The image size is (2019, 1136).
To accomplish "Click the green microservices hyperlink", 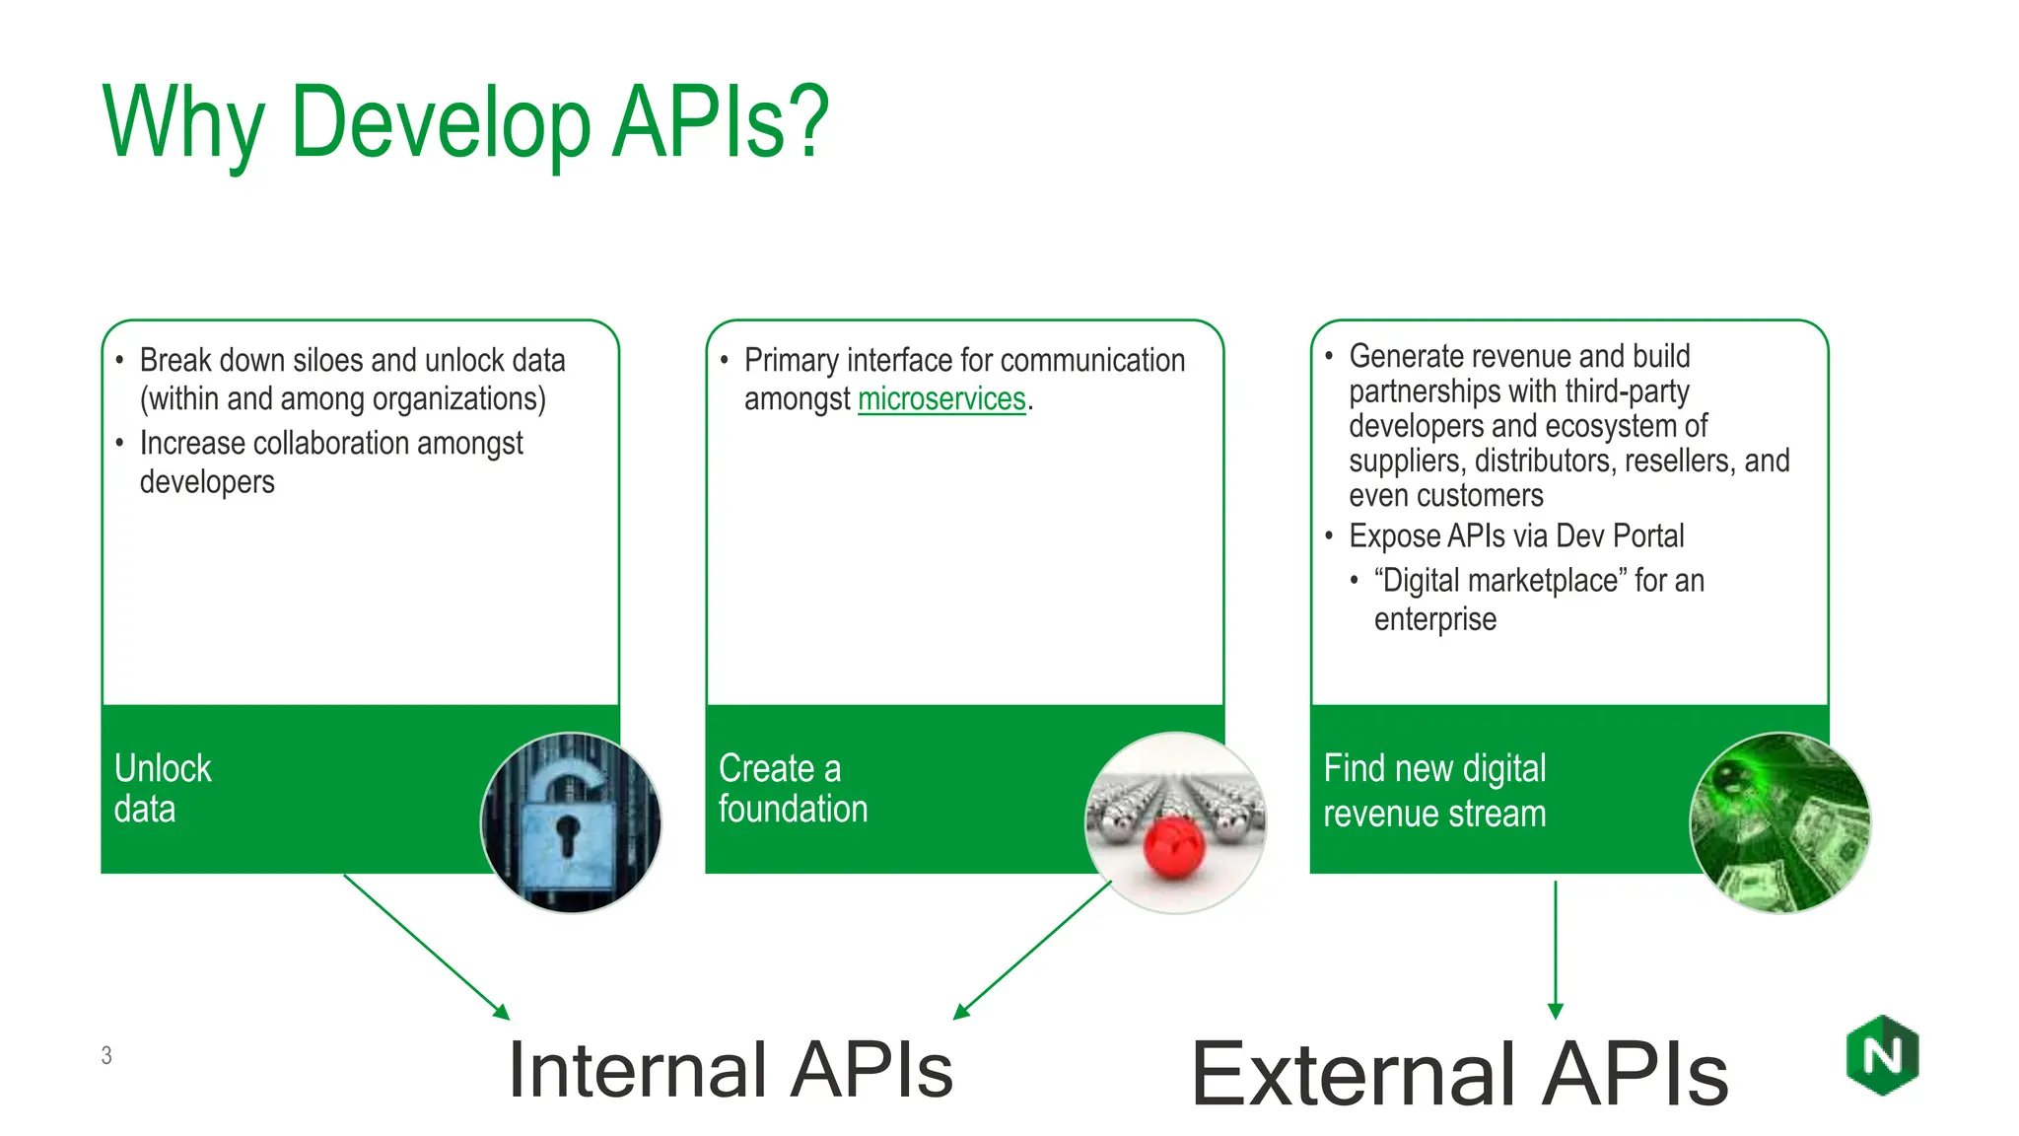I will [941, 399].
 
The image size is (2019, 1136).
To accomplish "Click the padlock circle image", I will [571, 821].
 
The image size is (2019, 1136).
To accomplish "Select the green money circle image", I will [1779, 821].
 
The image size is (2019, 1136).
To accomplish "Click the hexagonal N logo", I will [1882, 1055].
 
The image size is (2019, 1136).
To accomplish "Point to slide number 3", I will [106, 1055].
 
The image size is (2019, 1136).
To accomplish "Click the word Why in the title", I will [182, 123].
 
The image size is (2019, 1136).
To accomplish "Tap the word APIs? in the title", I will [720, 123].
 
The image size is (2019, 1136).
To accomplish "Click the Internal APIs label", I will [730, 1070].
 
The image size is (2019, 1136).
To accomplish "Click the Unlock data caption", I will [163, 789].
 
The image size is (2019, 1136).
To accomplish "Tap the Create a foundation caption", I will [792, 789].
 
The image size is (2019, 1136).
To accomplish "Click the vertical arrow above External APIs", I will [1556, 947].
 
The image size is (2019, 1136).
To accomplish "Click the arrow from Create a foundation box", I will [1033, 949].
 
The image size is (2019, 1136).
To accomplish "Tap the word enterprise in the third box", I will [1434, 620].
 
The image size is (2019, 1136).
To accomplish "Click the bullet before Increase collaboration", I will [119, 444].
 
